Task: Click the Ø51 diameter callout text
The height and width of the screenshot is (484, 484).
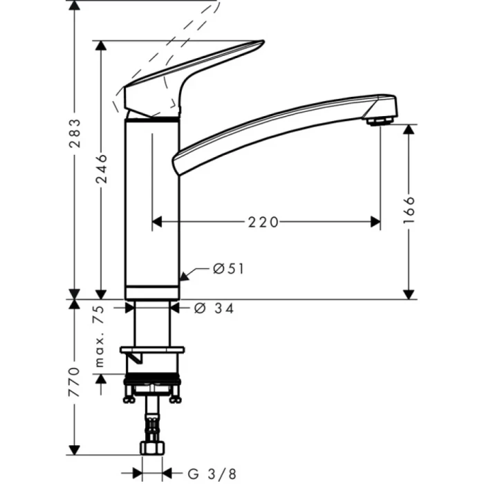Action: pos(228,269)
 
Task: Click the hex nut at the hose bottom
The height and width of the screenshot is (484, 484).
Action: pos(151,448)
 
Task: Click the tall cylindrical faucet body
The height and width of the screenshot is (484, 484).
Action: pos(151,207)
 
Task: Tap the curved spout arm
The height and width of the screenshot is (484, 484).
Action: pos(277,124)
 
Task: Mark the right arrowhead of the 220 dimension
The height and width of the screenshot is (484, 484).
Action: pos(375,222)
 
